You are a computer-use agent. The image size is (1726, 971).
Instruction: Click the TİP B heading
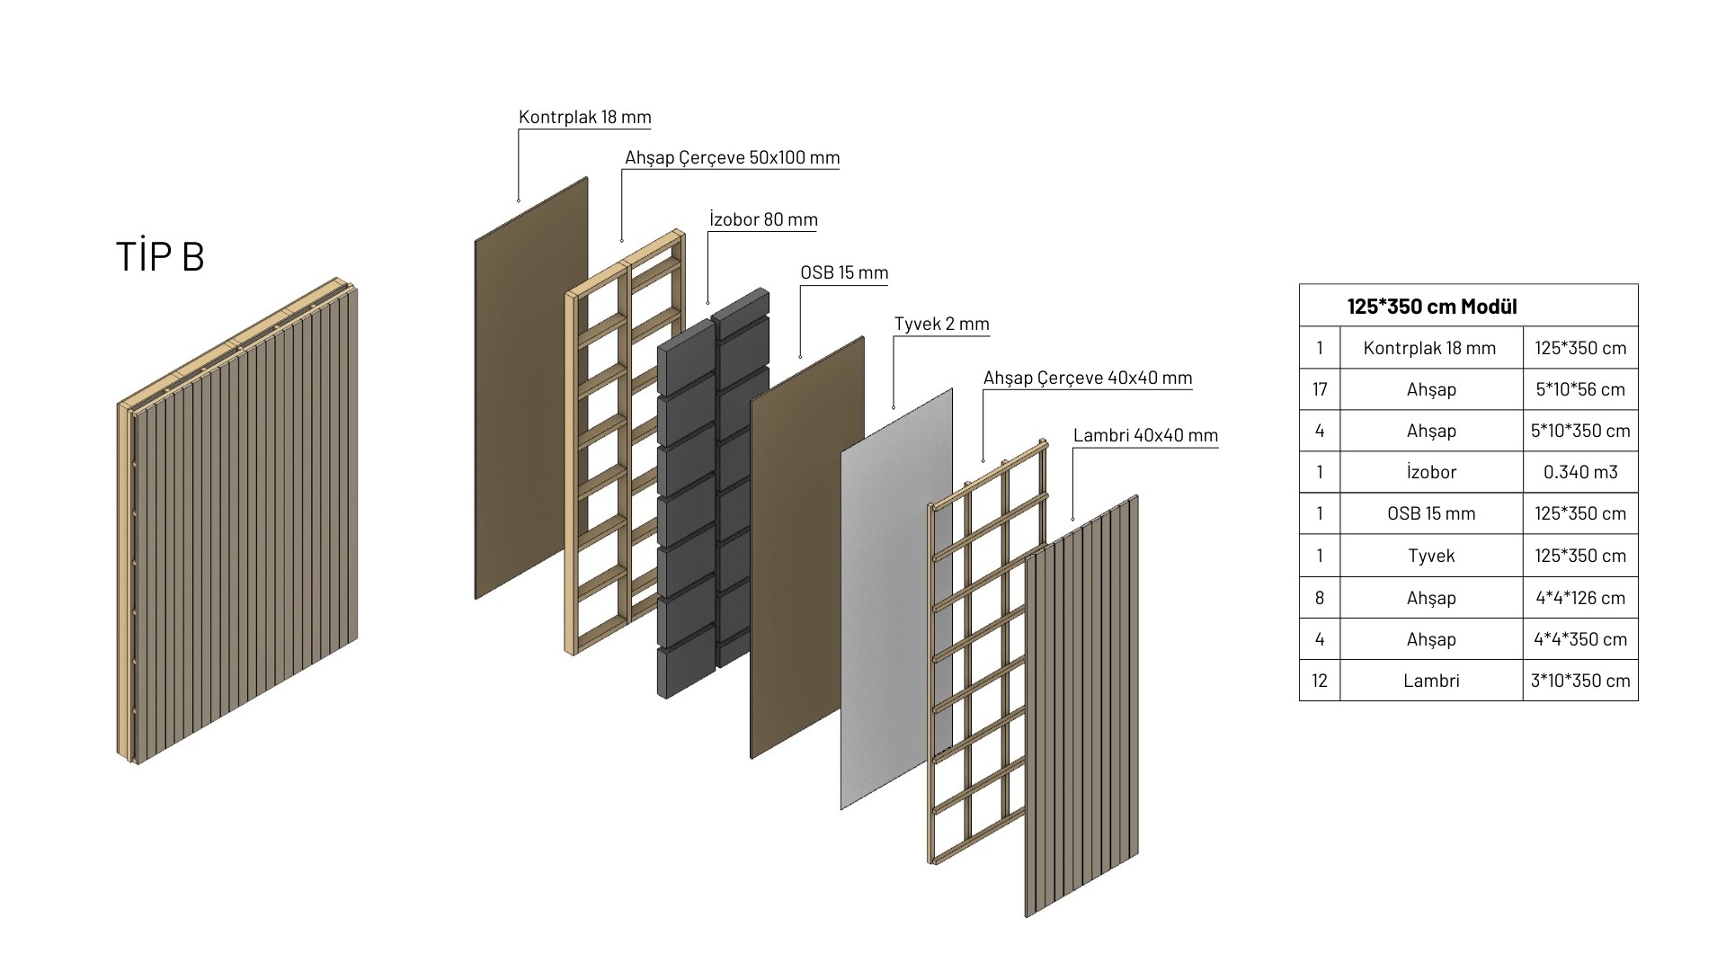pos(160,256)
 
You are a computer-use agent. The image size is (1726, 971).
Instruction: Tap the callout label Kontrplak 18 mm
pos(584,117)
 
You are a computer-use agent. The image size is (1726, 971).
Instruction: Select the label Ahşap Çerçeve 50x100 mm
pos(732,157)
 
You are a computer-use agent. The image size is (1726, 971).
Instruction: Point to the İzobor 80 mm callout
pos(763,219)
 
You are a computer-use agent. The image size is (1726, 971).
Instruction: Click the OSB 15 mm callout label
pos(843,272)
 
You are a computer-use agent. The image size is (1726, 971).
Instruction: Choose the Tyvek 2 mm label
pos(941,324)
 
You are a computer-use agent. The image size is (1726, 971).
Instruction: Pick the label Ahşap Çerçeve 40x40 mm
pos(1087,378)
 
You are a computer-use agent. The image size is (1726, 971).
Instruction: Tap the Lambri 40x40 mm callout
pos(1145,435)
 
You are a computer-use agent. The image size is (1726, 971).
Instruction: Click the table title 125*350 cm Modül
pos(1431,306)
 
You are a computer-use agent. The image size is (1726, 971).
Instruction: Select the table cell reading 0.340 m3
pos(1579,472)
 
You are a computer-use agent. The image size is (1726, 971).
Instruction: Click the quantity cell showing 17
pos(1319,389)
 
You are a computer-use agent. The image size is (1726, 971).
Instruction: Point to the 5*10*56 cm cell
pos(1579,389)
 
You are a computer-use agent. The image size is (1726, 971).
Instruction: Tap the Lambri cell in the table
pos(1430,681)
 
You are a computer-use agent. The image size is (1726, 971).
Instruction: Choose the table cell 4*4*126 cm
pos(1579,598)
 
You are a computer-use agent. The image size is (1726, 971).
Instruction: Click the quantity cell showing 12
pos(1319,681)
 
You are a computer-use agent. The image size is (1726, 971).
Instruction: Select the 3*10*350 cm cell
pos(1579,681)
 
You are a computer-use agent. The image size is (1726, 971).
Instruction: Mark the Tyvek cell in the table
pos(1430,556)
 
